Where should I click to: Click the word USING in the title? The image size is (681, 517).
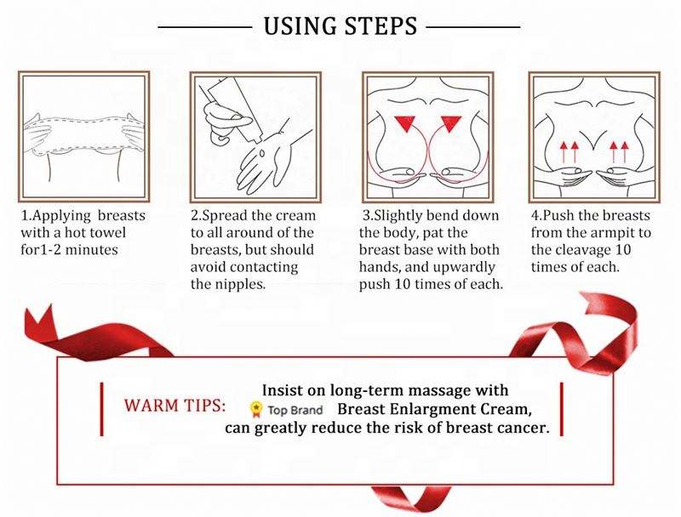tap(300, 26)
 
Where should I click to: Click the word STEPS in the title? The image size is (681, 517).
tap(381, 26)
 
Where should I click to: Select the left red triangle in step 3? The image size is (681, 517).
tap(405, 123)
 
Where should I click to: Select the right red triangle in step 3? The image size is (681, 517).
tap(451, 123)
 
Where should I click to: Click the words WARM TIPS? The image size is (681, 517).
tap(175, 406)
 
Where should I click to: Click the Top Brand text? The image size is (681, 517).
tap(295, 411)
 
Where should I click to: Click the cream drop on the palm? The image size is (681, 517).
tap(262, 153)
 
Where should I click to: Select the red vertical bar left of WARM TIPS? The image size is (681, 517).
tap(101, 408)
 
